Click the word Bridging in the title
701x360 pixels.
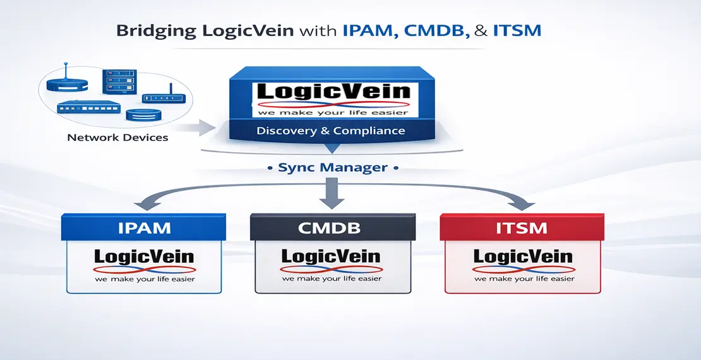[150, 31]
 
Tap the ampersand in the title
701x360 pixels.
[485, 31]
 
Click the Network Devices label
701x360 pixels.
[117, 136]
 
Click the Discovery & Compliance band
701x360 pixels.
[330, 131]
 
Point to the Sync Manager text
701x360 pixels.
[333, 169]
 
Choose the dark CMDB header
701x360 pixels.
[333, 227]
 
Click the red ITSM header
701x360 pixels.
[522, 227]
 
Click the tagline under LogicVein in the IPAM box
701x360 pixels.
[145, 279]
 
